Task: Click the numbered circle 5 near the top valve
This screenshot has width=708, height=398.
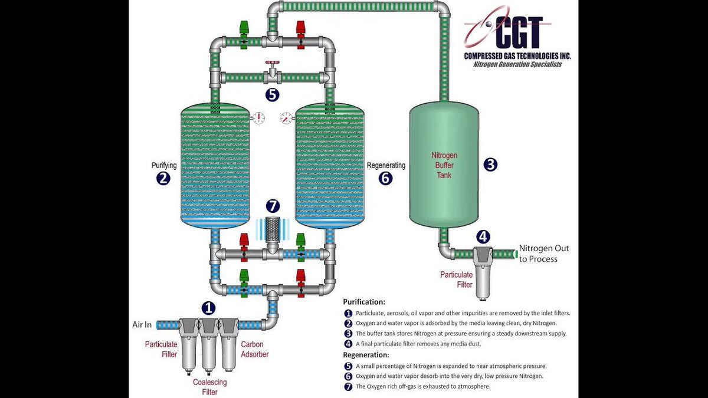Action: coord(272,94)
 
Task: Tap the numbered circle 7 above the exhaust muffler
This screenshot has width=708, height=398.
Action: coord(272,206)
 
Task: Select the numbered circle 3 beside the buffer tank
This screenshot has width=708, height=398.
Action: coord(490,165)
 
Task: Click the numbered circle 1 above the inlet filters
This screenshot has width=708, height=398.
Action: coord(208,307)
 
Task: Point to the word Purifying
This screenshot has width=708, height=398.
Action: coord(164,166)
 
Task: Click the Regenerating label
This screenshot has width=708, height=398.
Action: coord(386,166)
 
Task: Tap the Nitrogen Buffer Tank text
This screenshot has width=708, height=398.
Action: coord(444,165)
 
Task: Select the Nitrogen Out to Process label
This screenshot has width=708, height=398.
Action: coord(543,254)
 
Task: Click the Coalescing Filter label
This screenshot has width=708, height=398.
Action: coord(209,387)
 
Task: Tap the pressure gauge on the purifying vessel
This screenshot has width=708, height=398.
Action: coord(258,118)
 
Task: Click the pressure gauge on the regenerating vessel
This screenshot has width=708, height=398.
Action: coord(286,118)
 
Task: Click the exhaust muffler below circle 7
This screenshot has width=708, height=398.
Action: coord(272,229)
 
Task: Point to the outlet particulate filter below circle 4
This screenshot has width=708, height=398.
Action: coord(483,271)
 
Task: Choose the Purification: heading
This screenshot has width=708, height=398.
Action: coord(364,302)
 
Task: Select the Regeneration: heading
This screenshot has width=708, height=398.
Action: coord(366,355)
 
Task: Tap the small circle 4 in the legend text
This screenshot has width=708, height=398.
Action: coord(348,344)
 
